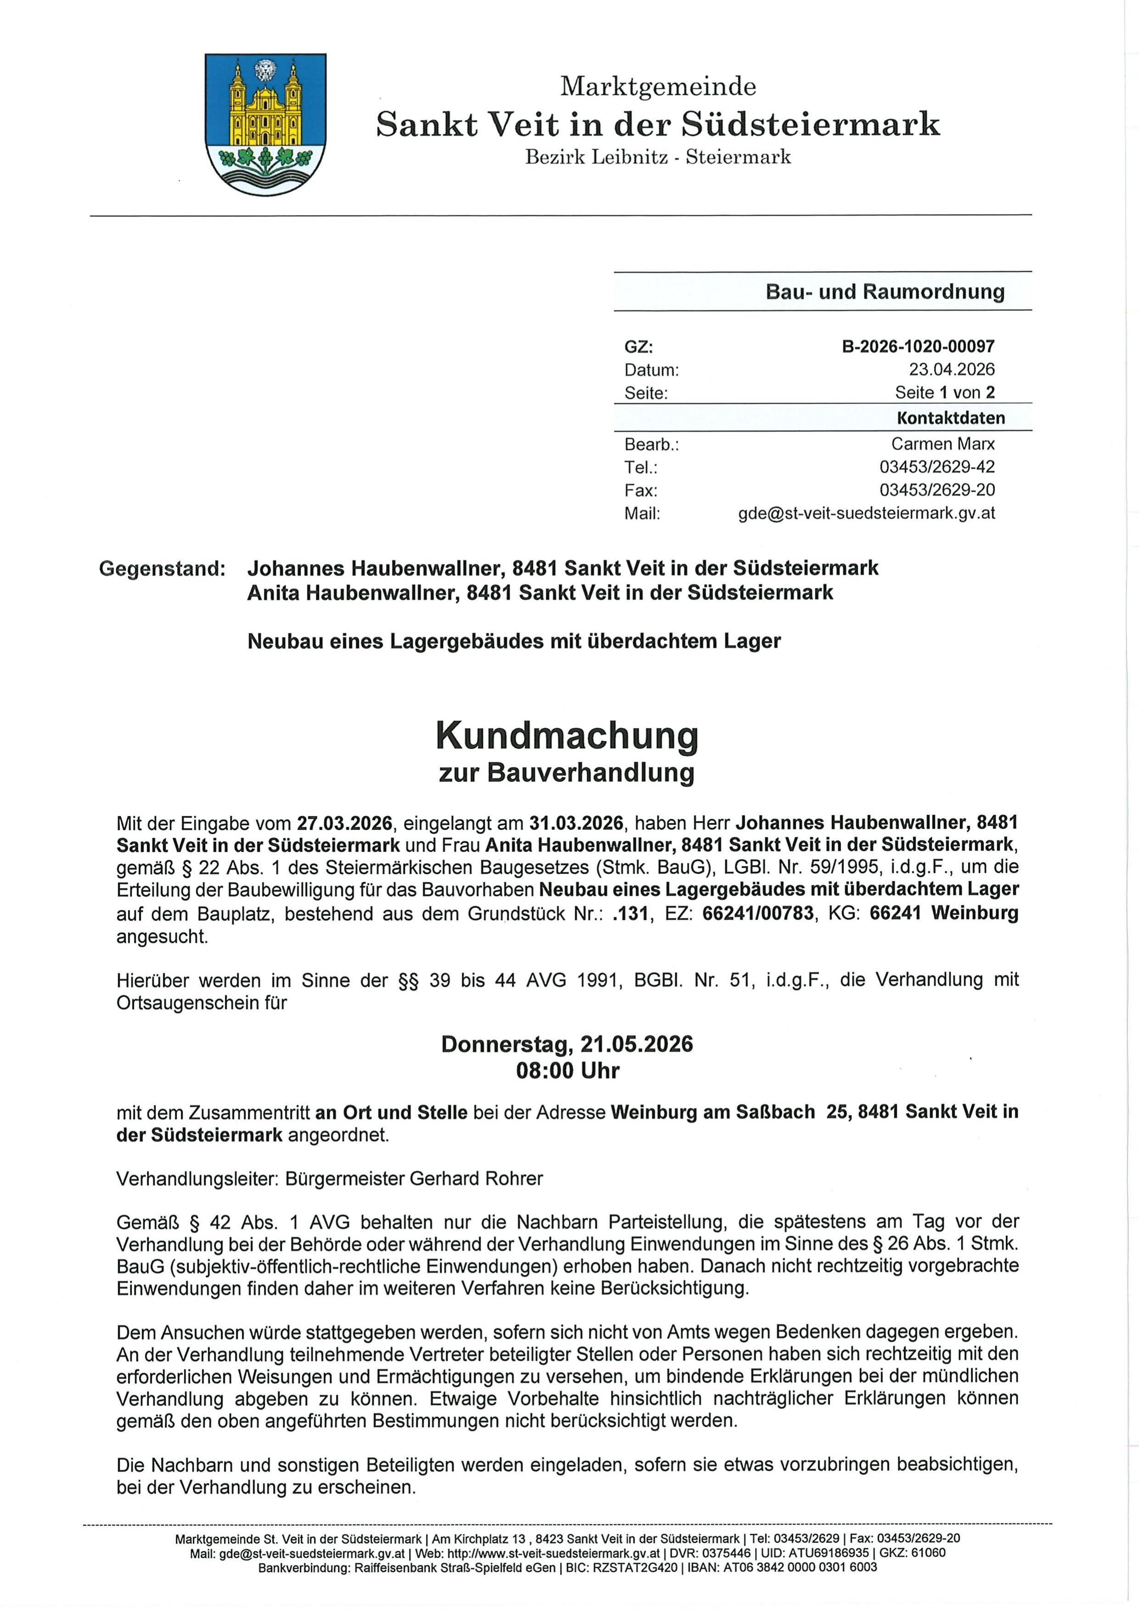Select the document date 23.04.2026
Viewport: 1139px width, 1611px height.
tap(952, 369)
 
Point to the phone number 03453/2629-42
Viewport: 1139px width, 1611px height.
tap(937, 467)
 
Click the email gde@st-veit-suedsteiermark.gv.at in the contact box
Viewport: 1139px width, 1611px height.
tap(866, 513)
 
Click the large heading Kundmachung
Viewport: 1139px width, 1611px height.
tap(567, 735)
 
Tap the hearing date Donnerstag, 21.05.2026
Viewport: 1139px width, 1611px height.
tap(567, 1044)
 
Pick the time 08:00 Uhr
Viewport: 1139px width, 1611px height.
tap(567, 1071)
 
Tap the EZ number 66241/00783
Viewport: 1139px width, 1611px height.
tap(758, 913)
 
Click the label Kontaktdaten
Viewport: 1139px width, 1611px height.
tap(950, 418)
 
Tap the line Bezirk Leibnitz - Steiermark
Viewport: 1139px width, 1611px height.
tap(658, 157)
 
